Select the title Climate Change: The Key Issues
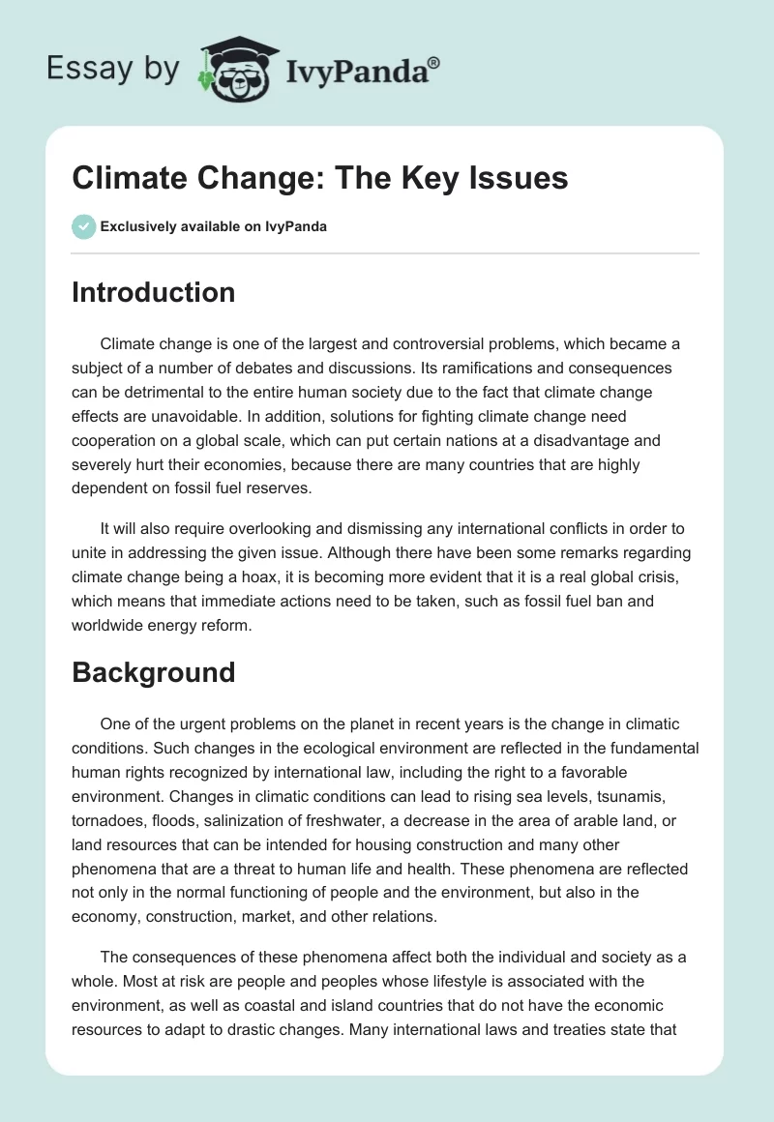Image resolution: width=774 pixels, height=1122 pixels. [x=319, y=178]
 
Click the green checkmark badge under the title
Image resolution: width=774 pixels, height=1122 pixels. [x=82, y=226]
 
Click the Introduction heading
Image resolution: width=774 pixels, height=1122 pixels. [x=153, y=292]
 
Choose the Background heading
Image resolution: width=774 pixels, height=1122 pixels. [x=153, y=672]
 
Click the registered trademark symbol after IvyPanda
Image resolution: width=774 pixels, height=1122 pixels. [x=434, y=61]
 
